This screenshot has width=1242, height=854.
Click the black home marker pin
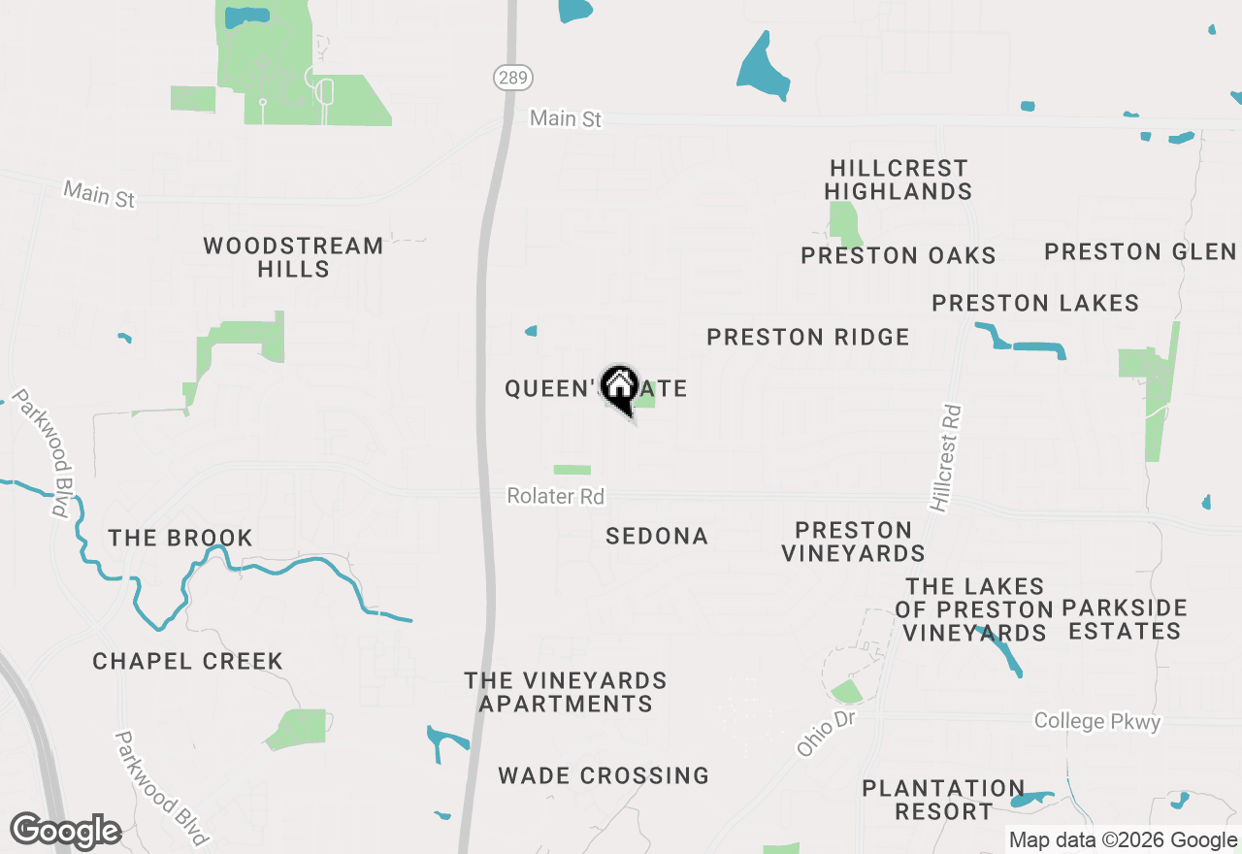pos(619,389)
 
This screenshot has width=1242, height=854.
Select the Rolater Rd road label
pos(555,496)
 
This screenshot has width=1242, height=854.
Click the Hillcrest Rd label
pos(945,458)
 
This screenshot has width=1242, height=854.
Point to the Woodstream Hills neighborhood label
pos(293,257)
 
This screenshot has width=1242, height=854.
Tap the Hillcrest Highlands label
pos(899,181)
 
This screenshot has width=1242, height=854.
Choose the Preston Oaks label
pos(899,255)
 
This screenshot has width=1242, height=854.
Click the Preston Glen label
pos(1140,252)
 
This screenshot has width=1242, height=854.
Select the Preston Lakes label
pos(1035,303)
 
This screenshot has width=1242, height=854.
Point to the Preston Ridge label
pos(808,337)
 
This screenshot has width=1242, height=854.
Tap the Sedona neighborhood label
pos(657,536)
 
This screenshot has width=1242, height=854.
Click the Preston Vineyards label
pos(853,542)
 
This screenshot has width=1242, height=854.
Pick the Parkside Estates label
pos(1125,619)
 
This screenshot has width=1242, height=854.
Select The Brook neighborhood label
pos(180,538)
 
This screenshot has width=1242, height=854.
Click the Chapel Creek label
pos(188,661)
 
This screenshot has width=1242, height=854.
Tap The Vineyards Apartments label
pos(566,692)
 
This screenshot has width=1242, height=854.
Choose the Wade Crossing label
pos(604,775)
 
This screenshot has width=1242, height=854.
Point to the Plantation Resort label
pos(943,799)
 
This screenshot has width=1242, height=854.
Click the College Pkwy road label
pos(1096,721)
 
